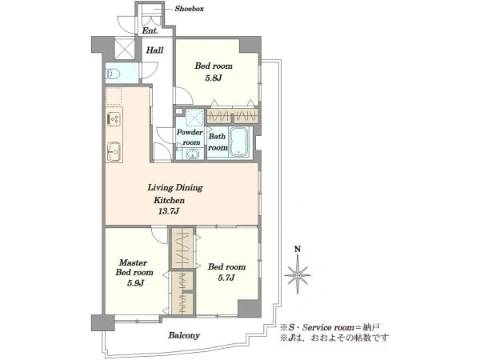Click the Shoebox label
point(189,9)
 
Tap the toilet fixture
point(112,74)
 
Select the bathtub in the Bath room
point(239,142)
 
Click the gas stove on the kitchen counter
point(114,118)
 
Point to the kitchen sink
point(114,151)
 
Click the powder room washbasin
point(193,154)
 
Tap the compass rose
point(298,275)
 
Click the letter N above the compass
point(298,250)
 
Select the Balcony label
point(184,335)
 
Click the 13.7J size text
point(168,211)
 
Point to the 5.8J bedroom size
point(214,78)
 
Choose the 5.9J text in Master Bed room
point(136,283)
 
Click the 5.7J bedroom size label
point(226,278)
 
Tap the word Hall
point(154,50)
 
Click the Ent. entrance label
point(150,31)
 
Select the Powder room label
point(190,138)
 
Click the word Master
point(133,262)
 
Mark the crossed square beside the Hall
point(125,48)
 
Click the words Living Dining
point(175,187)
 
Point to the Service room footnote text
point(330,327)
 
